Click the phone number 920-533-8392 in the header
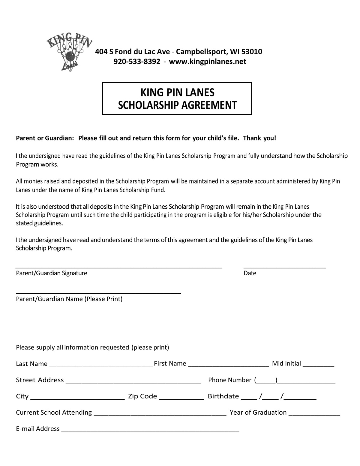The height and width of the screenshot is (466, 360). click(x=137, y=62)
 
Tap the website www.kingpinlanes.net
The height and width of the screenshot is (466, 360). click(x=208, y=62)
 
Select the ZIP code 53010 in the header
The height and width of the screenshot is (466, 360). click(x=252, y=52)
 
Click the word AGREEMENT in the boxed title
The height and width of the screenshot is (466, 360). click(x=207, y=105)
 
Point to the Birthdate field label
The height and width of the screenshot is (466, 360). click(x=223, y=396)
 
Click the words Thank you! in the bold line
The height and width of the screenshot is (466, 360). click(x=259, y=138)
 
